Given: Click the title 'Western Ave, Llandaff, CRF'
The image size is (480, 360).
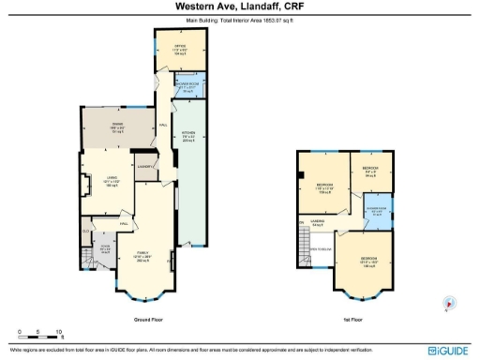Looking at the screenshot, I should coord(239,6).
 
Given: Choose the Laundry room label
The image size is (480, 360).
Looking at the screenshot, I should coord(145,166).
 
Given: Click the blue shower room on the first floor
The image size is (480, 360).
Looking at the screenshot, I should coord(376,212).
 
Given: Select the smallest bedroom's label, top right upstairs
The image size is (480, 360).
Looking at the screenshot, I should coord(369,172).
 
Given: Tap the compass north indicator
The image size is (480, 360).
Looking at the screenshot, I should coord(448,303).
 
